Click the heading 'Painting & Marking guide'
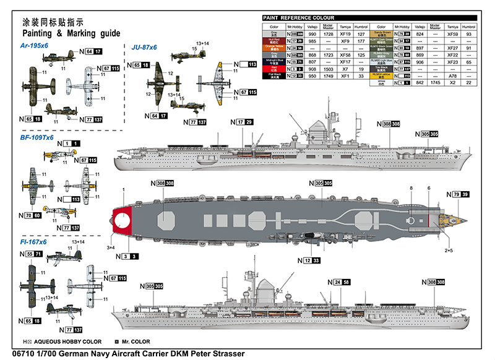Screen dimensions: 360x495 click(67, 33)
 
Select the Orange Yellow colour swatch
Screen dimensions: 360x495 click(273, 48)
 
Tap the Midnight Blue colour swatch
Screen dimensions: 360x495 click(273, 62)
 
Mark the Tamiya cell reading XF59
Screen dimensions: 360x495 click(452, 34)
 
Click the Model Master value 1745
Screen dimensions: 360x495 click(436, 82)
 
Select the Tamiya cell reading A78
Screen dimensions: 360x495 click(452, 75)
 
